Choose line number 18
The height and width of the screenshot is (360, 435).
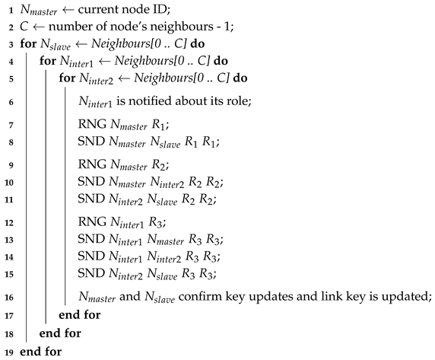(8, 333)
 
